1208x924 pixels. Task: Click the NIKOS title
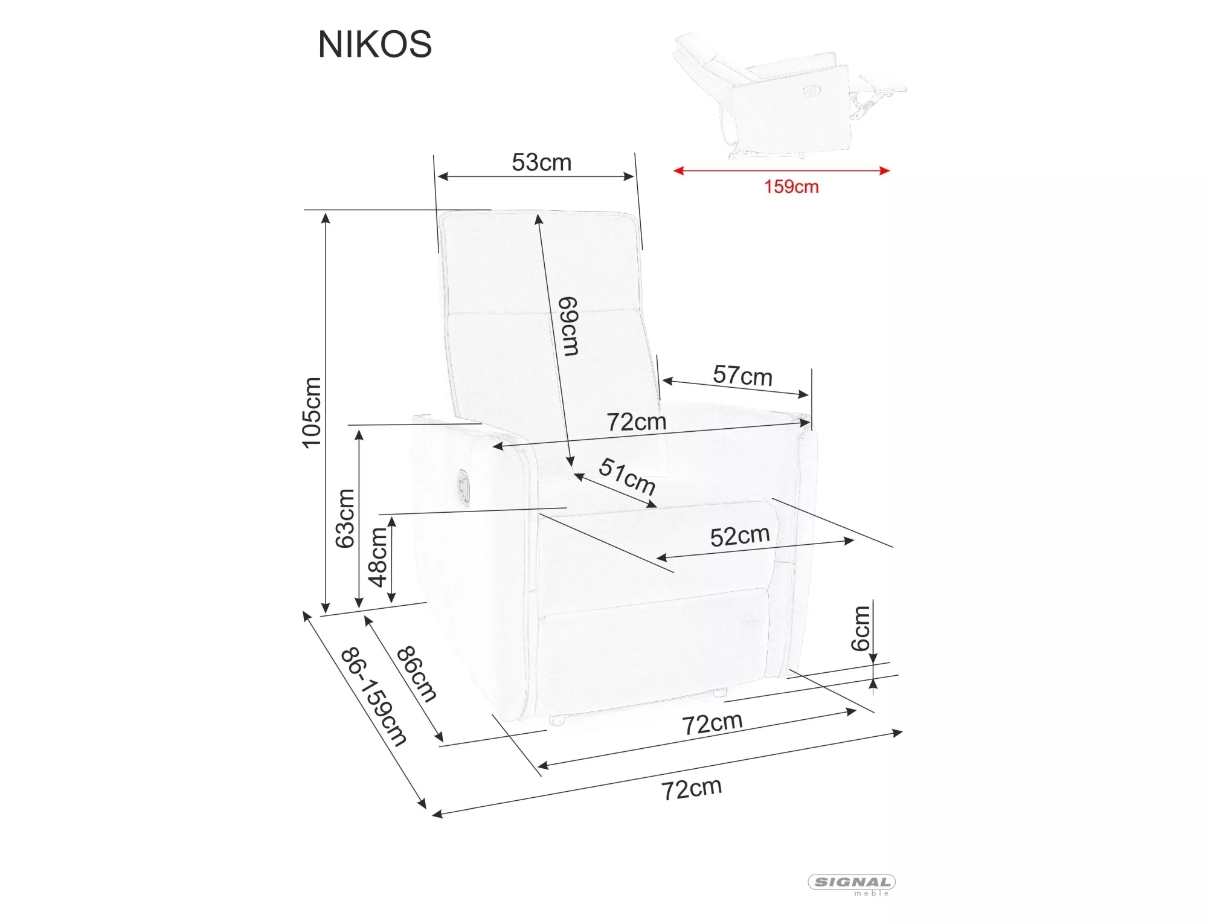click(x=374, y=44)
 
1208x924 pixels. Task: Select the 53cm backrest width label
click(x=541, y=162)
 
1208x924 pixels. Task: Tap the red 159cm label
click(x=791, y=187)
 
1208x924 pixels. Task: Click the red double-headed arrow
click(x=781, y=171)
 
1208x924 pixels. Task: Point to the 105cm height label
click(x=312, y=412)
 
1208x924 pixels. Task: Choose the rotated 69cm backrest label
click(x=568, y=326)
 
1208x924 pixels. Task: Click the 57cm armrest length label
click(x=742, y=375)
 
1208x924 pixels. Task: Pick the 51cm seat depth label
click(x=627, y=476)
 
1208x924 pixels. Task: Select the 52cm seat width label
click(x=739, y=536)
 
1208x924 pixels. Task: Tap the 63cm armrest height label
click(x=345, y=518)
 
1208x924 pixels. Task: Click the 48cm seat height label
click(x=378, y=557)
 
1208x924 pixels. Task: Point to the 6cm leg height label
click(x=861, y=628)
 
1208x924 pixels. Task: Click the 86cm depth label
click(x=416, y=674)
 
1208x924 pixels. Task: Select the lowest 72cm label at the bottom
click(x=691, y=789)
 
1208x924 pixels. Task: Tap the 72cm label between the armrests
click(x=636, y=422)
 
